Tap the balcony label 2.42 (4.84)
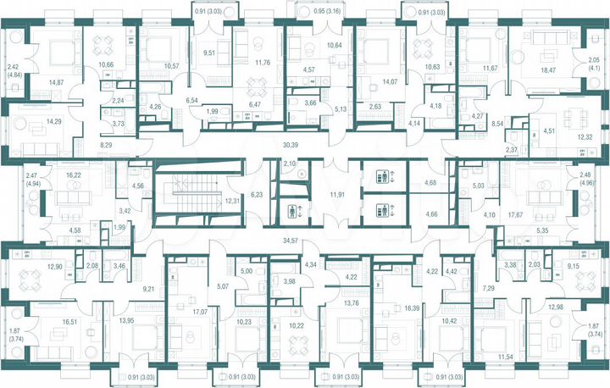click(13, 70)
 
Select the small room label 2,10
click(288, 163)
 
